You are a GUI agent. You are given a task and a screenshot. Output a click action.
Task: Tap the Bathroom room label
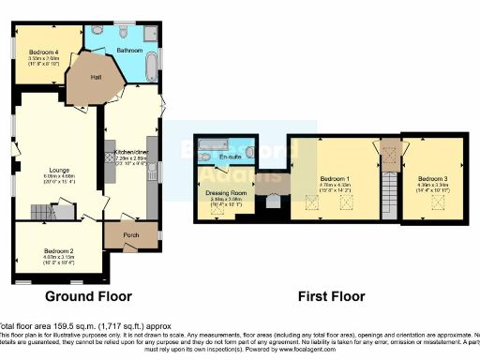[x=130, y=49]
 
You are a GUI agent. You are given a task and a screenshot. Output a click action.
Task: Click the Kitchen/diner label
[x=127, y=151]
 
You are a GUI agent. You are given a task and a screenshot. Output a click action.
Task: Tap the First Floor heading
[x=331, y=296]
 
